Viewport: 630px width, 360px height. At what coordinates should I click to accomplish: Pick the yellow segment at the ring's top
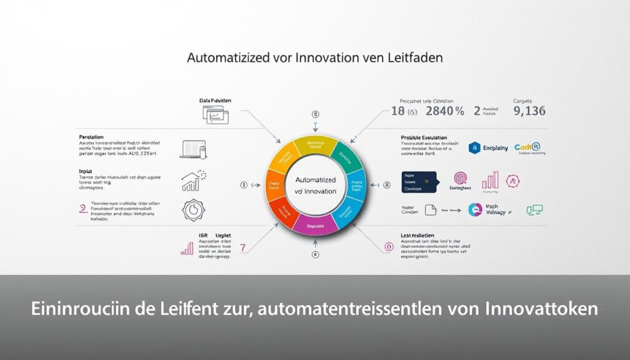point(315,146)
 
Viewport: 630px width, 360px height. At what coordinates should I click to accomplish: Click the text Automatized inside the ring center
point(315,180)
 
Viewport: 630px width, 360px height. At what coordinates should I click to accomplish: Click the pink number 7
point(242,247)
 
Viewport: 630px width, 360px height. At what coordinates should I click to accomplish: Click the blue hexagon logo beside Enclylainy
point(474,148)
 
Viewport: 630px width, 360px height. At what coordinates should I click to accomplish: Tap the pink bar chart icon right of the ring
point(490,180)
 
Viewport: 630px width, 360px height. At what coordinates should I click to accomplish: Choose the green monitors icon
point(533,210)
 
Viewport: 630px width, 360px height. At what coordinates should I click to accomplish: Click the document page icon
point(430,210)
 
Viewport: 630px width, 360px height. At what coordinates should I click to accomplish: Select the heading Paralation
point(91,137)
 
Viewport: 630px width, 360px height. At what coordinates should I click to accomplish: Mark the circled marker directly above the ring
point(316,114)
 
